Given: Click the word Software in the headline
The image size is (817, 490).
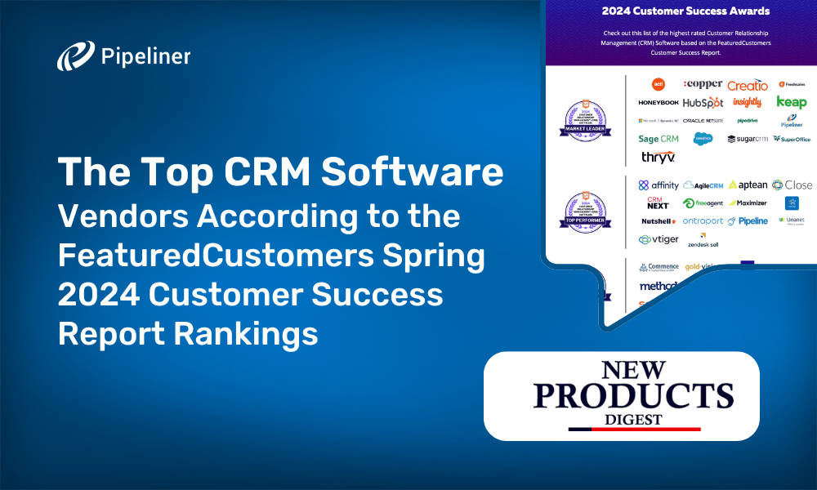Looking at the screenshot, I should click(x=414, y=173).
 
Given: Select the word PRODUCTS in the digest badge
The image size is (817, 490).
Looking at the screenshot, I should click(x=622, y=397).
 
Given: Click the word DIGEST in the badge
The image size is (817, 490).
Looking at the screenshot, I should click(x=622, y=419).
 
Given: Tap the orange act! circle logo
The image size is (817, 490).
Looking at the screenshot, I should click(x=659, y=84).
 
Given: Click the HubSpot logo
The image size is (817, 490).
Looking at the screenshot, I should click(x=703, y=103).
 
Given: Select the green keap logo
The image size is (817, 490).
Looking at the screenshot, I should click(x=791, y=102).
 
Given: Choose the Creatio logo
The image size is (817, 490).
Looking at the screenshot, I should click(x=748, y=85).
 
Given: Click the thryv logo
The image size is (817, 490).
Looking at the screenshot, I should click(x=657, y=157).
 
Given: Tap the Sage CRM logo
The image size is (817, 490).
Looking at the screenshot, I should click(x=659, y=139).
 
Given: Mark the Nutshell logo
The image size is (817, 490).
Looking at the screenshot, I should click(x=659, y=221).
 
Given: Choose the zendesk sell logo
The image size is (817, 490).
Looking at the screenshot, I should click(x=703, y=241).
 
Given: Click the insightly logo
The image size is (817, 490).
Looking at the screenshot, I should click(x=747, y=103).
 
